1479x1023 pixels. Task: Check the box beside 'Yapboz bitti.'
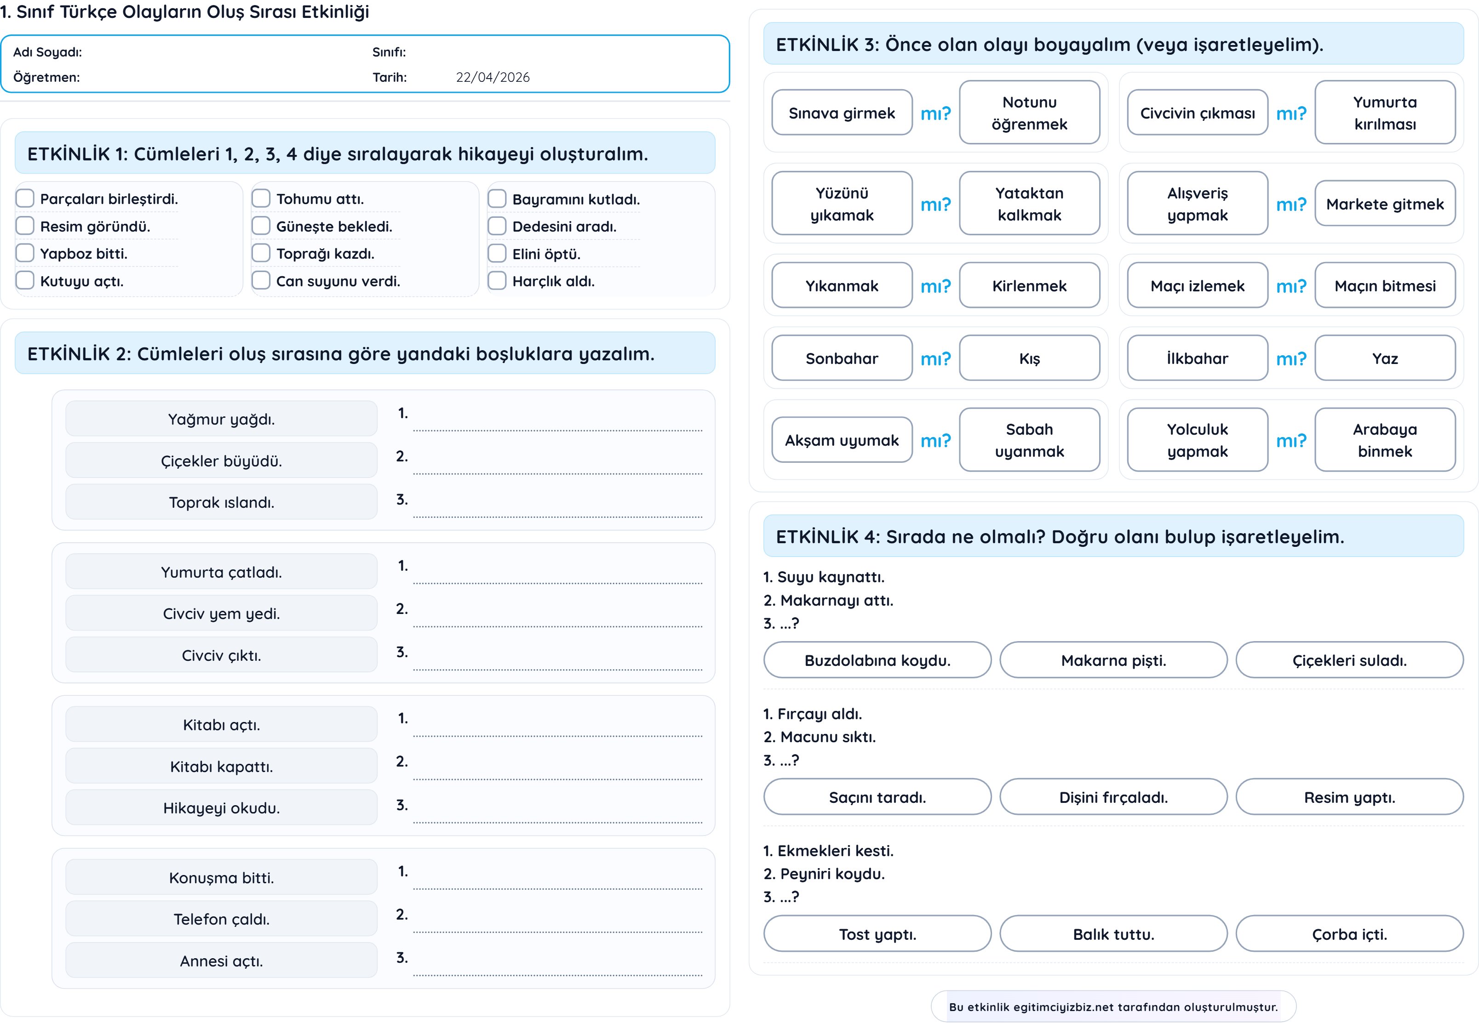(x=25, y=253)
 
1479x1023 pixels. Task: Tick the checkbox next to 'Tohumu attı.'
(x=261, y=199)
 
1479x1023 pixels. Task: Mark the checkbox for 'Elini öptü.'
(x=497, y=254)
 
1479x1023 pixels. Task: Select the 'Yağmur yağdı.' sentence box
(x=221, y=419)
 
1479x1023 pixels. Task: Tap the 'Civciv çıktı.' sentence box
(x=221, y=655)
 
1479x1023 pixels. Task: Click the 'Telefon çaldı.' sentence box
(x=221, y=919)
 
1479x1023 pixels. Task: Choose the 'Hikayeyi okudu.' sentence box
(x=221, y=807)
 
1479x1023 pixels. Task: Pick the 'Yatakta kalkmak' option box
(x=1029, y=204)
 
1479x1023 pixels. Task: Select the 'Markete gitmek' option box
(x=1384, y=204)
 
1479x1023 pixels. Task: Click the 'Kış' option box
(x=1029, y=358)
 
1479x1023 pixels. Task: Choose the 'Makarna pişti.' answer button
(x=1113, y=660)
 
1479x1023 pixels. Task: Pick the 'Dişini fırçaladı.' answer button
(x=1113, y=797)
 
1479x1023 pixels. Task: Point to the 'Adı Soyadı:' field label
(x=47, y=52)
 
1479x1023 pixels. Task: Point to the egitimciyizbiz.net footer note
(x=1113, y=1006)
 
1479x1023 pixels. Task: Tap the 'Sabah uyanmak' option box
(x=1029, y=440)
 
